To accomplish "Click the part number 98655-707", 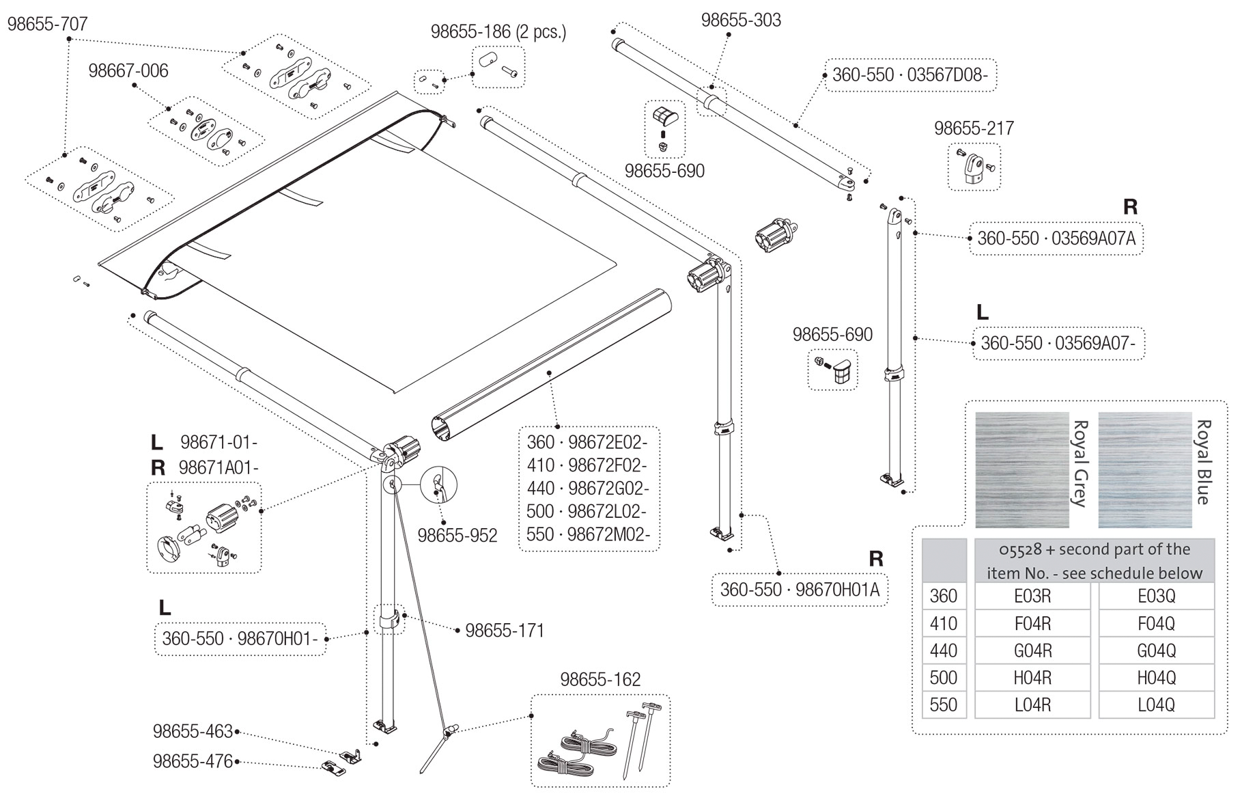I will pos(47,25).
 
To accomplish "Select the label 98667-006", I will pos(128,71).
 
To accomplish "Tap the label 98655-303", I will pos(741,20).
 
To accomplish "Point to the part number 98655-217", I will pos(974,128).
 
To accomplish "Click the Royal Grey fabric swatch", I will pos(1021,470).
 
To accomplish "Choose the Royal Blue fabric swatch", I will pos(1144,470).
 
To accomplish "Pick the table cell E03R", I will pos(1032,596).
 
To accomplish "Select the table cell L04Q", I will pos(1156,705).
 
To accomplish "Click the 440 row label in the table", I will pos(944,650).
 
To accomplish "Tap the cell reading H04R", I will pos(1032,678).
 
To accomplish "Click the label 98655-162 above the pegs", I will pos(600,680).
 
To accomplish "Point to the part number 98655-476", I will pos(193,761).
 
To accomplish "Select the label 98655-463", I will pos(193,732).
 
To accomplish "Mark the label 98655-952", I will pos(457,536).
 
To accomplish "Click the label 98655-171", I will pos(505,631).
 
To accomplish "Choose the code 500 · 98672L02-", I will pos(587,511).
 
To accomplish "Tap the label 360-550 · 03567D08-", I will pos(910,75).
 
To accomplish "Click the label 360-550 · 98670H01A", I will pos(800,590).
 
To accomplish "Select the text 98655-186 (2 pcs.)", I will pos(498,32).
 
